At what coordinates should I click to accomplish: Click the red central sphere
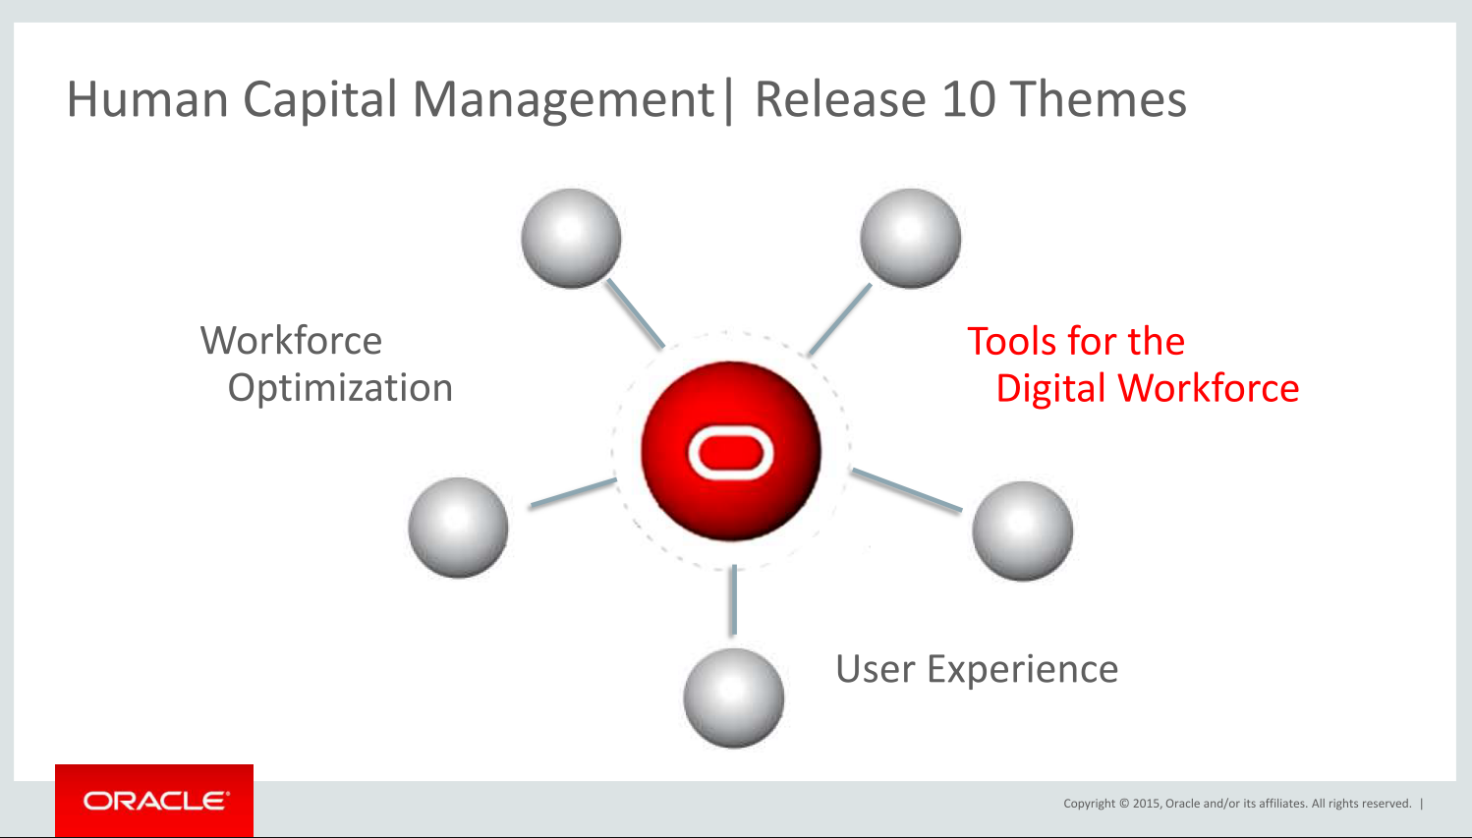point(731,451)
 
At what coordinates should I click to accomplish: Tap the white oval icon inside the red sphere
point(731,453)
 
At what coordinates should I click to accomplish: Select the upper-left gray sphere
point(571,239)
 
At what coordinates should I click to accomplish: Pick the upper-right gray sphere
point(911,239)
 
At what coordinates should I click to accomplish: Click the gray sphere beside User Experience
point(733,698)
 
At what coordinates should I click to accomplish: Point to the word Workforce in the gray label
point(291,340)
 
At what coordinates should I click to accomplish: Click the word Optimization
point(340,387)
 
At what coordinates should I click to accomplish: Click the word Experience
point(1023,669)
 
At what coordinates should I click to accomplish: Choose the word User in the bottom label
point(876,669)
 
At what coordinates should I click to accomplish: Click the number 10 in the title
point(969,100)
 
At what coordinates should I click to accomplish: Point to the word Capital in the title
point(320,100)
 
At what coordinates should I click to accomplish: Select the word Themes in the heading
point(1098,100)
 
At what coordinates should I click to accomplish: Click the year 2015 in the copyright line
point(1147,804)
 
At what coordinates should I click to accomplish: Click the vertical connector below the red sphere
point(734,600)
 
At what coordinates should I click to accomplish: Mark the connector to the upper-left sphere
point(636,313)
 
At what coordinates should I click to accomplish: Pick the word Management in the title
point(564,100)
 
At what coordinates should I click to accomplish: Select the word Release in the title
point(841,100)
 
